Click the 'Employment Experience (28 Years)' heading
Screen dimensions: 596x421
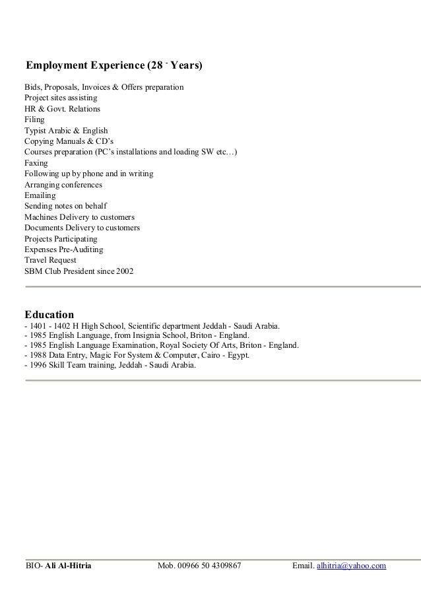tap(113, 66)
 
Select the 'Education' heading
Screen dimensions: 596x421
tap(49, 314)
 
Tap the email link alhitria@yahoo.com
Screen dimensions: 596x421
tap(352, 566)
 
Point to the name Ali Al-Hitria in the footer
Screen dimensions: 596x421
tap(69, 566)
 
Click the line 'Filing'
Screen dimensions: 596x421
tap(34, 120)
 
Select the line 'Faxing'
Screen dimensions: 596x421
tap(36, 163)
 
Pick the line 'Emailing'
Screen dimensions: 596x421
tap(40, 195)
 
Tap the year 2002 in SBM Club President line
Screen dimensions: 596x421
tap(124, 271)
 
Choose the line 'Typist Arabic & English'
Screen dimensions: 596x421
tap(66, 131)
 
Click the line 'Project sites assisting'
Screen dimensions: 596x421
tap(61, 98)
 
